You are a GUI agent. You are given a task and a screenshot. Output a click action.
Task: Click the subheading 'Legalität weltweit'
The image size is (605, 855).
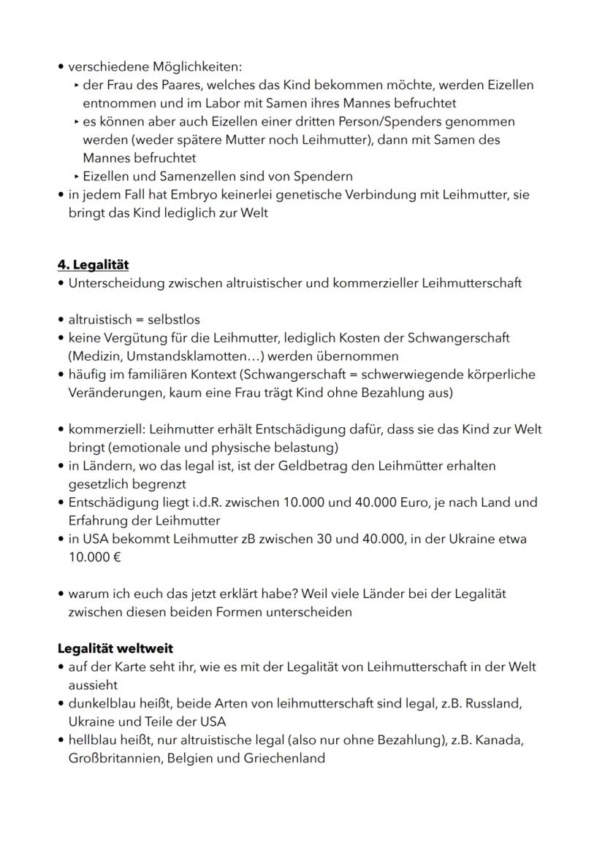(115, 648)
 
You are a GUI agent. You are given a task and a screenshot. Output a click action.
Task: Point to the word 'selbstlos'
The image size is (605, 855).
(174, 320)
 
